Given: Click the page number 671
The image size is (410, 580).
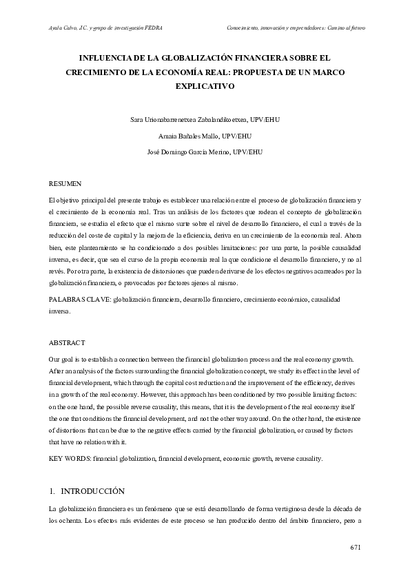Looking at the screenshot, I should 356,548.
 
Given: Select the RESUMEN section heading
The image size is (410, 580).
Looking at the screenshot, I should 65,184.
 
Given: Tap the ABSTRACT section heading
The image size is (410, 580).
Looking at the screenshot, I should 67,342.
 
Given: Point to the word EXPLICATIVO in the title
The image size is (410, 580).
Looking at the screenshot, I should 205,87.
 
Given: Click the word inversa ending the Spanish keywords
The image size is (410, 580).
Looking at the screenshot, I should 60,311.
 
